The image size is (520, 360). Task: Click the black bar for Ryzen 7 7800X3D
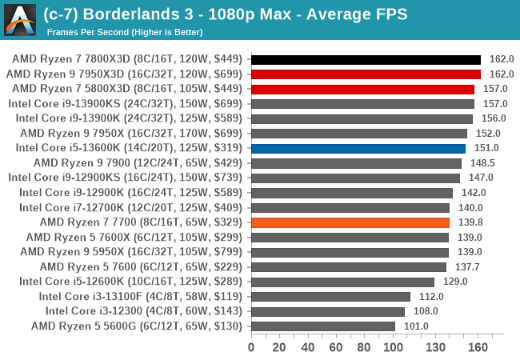[x=366, y=59]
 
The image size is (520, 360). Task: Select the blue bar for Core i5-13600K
[x=358, y=148]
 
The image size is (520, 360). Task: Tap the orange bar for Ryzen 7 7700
[x=350, y=222]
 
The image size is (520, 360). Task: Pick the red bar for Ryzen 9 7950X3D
[x=366, y=74]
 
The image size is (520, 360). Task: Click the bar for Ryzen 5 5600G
[x=323, y=326]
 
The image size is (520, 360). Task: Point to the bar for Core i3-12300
[x=328, y=311]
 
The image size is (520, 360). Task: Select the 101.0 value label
[x=415, y=326]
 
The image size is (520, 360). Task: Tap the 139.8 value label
[x=470, y=222]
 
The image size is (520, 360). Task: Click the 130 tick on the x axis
[x=435, y=347]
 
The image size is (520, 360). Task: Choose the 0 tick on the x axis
[x=251, y=347]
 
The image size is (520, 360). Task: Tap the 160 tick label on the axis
[x=478, y=347]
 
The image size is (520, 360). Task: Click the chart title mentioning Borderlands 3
[x=225, y=14]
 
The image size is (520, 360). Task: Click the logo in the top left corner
[x=20, y=20]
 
